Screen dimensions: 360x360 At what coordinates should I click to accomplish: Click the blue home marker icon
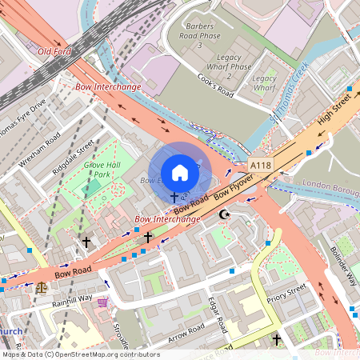[180, 172]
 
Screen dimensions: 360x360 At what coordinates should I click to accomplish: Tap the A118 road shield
[260, 165]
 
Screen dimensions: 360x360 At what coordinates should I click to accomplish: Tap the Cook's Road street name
[216, 84]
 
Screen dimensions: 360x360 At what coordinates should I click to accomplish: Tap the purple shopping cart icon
[102, 302]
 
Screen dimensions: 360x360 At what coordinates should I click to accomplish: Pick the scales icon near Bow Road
[41, 284]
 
